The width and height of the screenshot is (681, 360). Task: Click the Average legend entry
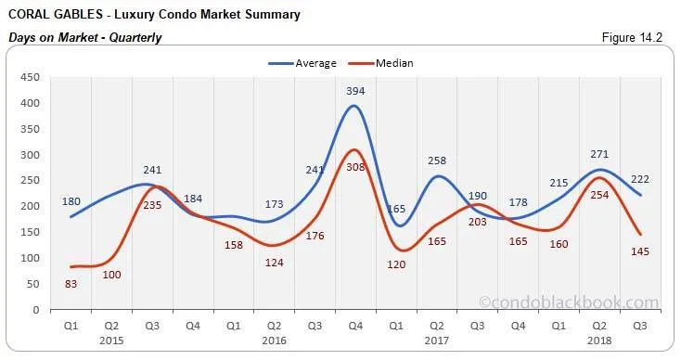pyautogui.click(x=306, y=63)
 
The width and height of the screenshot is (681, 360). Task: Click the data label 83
pyautogui.click(x=71, y=282)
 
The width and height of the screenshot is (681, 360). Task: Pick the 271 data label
pyautogui.click(x=600, y=154)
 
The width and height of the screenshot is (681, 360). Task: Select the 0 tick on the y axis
pyautogui.click(x=35, y=310)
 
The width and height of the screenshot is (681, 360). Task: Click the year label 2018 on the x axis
pyautogui.click(x=600, y=340)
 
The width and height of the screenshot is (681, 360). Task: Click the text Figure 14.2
pyautogui.click(x=634, y=38)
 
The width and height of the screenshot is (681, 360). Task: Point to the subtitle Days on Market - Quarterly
pyautogui.click(x=84, y=38)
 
